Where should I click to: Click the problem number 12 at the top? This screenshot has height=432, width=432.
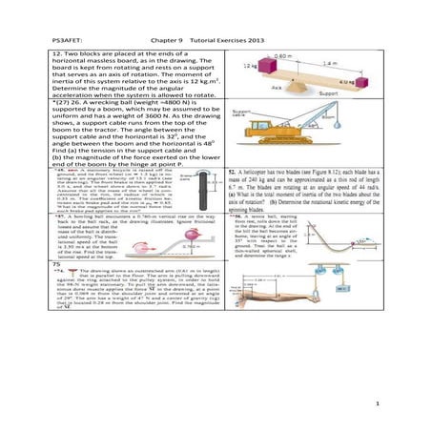point(56,56)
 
